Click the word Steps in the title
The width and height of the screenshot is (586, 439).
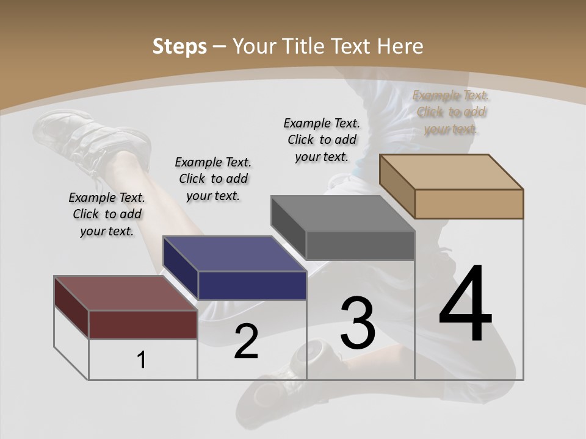179,46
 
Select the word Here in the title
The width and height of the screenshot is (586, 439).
400,46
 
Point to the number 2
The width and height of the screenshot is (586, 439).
246,341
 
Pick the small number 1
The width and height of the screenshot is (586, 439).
142,360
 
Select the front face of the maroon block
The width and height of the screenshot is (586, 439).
143,324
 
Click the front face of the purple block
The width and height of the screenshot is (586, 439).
252,285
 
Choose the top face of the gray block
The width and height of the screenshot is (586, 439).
342,213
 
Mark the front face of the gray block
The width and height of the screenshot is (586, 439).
360,245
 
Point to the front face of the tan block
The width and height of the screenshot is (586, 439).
469,204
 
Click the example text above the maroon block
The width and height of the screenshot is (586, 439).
107,214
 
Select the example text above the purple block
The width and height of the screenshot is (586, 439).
213,179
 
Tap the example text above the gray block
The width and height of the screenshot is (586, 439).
322,140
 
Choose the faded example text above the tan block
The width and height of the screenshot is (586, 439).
451,112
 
